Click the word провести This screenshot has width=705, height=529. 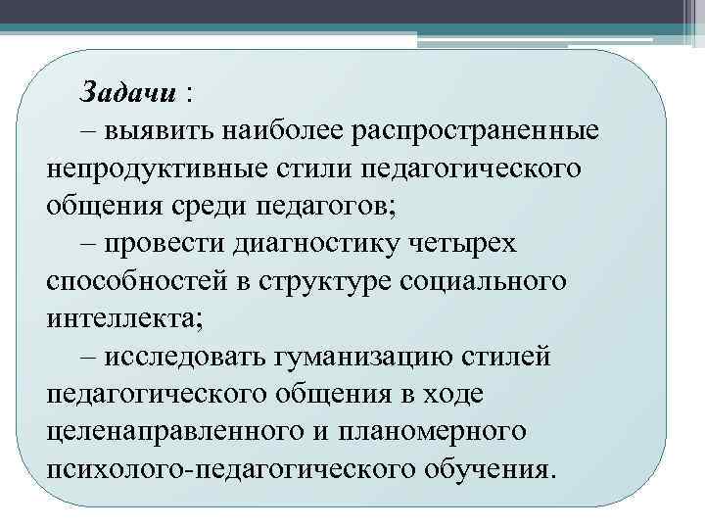pyautogui.click(x=166, y=243)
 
